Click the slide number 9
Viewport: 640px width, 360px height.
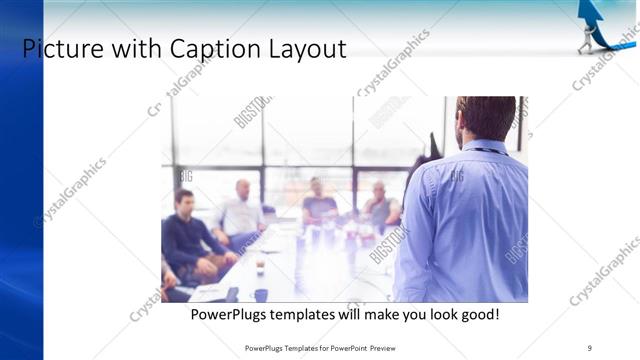(590, 348)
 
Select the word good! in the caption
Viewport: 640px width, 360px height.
(476, 315)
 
